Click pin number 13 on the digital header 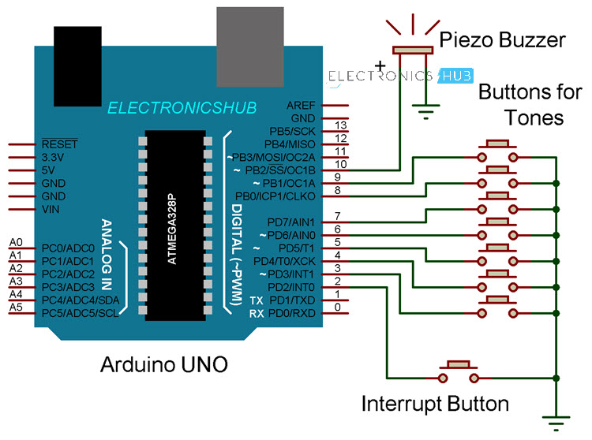coord(341,125)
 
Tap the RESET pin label coord(59,144)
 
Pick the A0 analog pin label coord(16,242)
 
